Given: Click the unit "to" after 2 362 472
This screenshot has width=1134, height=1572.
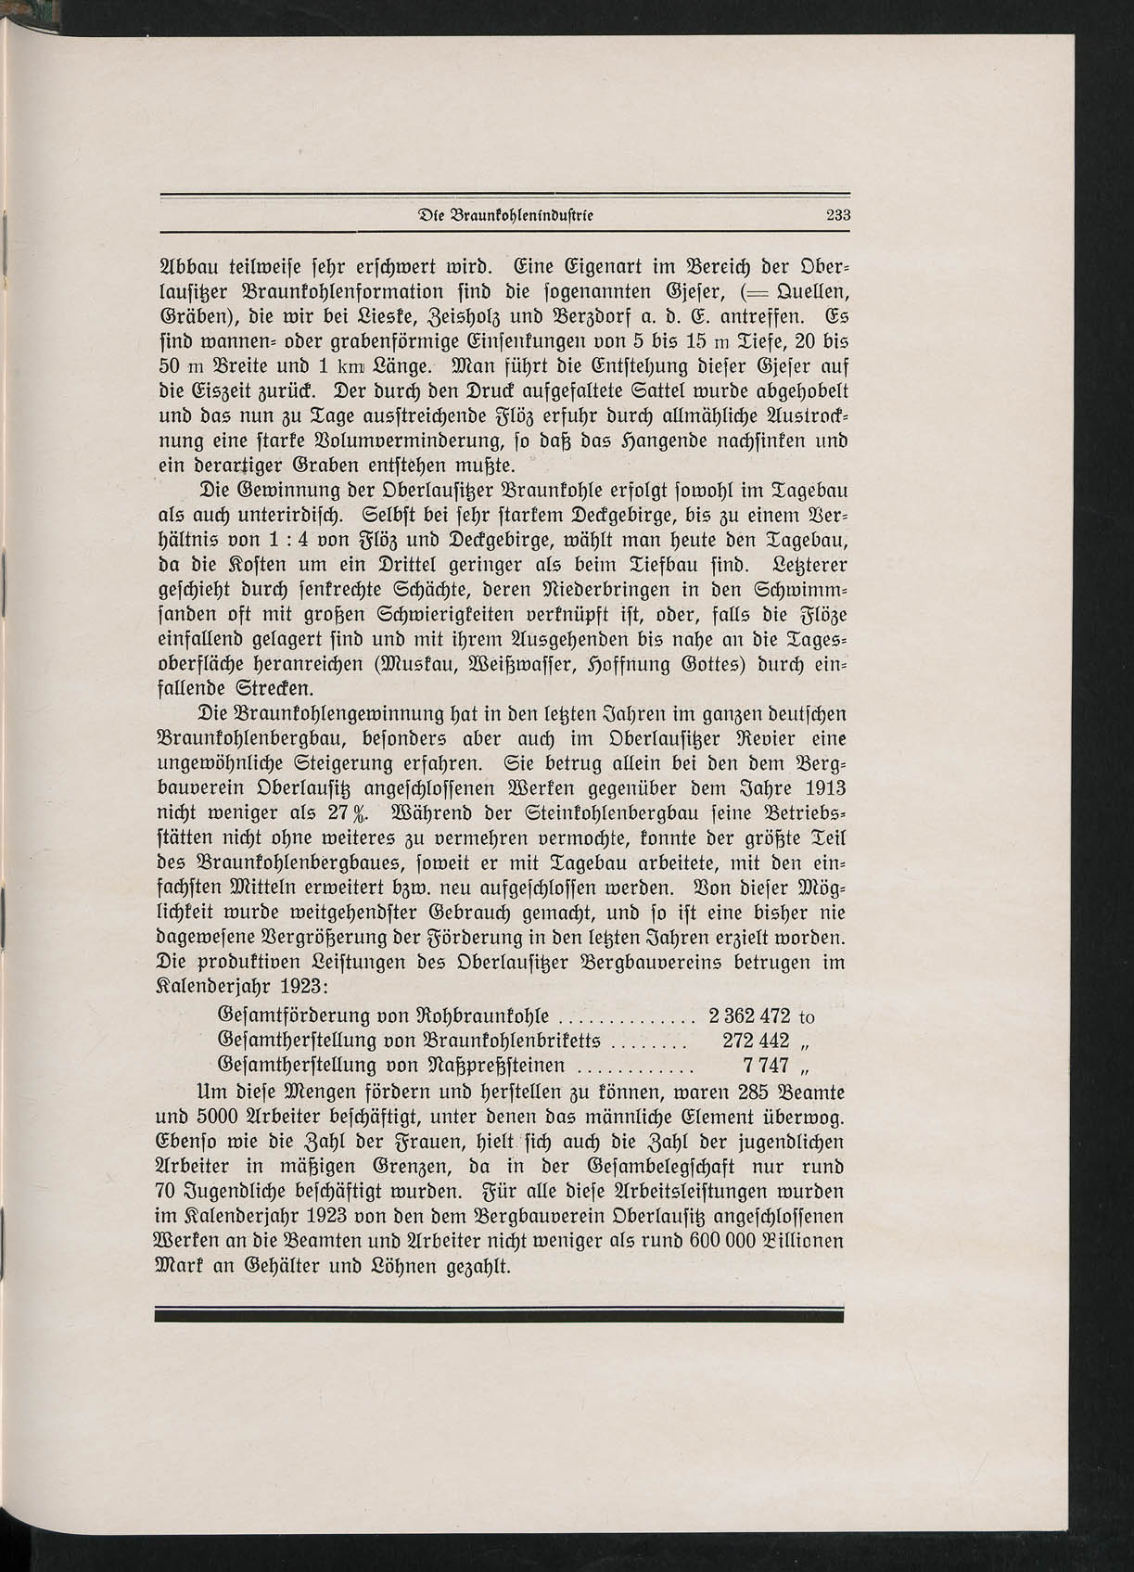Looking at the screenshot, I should [x=806, y=1016].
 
